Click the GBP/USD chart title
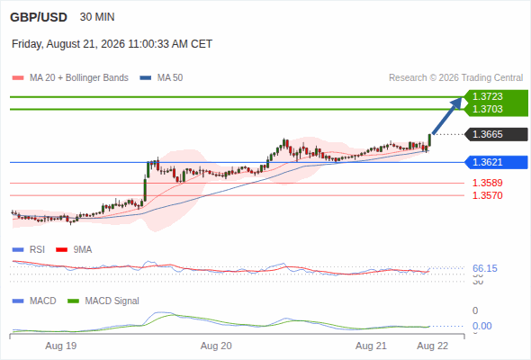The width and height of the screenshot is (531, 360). click(39, 17)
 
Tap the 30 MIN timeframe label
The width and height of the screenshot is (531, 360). click(97, 17)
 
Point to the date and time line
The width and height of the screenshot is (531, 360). click(112, 44)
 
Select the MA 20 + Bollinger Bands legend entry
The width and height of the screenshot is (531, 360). click(70, 78)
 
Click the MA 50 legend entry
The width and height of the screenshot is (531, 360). click(161, 78)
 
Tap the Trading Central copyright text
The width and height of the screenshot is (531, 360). click(455, 78)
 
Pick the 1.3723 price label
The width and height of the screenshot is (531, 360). click(487, 96)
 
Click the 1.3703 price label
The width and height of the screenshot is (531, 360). click(487, 109)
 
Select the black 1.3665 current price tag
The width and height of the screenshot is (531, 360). click(497, 134)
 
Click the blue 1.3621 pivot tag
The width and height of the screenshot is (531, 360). click(497, 162)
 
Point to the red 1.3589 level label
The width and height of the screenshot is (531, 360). click(487, 183)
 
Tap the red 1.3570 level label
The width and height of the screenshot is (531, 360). click(487, 195)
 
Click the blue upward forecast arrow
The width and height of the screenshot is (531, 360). click(446, 115)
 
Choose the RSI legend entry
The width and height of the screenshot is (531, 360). click(29, 249)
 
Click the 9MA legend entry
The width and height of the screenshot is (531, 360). click(74, 249)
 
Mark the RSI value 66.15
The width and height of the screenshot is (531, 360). click(485, 268)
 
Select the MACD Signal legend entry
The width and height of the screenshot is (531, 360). click(103, 301)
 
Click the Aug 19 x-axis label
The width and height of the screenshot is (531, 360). click(61, 346)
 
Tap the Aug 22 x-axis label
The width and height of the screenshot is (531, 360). click(433, 346)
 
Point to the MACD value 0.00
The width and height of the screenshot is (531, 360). click(481, 326)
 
